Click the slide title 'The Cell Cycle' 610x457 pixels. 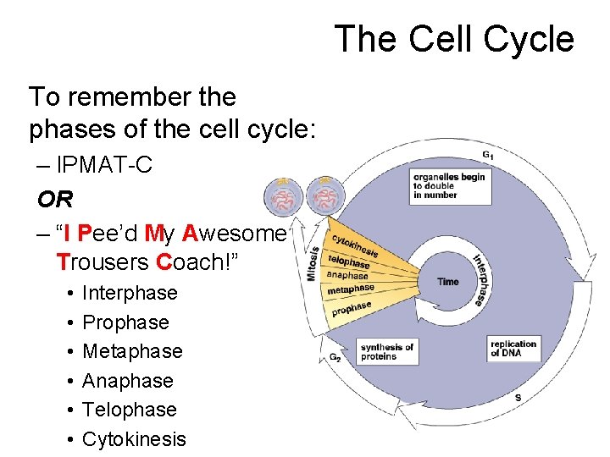(454, 39)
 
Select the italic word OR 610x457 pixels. (55, 199)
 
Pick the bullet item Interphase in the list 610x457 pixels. (130, 293)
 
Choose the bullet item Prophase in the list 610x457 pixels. (125, 322)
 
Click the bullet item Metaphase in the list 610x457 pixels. (132, 351)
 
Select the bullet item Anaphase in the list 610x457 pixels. (127, 381)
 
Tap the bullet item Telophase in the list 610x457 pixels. (130, 410)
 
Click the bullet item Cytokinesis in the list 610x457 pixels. (134, 439)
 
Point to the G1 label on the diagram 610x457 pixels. (489, 155)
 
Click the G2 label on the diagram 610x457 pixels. (335, 357)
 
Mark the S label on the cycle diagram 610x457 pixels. (518, 397)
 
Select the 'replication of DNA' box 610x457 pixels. (515, 349)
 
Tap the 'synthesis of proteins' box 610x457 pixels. (387, 351)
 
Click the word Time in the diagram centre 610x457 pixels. (448, 282)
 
